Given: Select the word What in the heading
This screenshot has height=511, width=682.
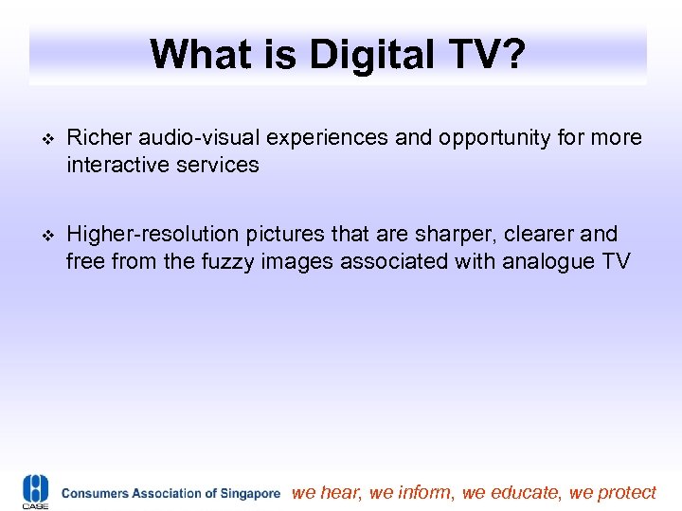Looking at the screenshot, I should pos(193,54).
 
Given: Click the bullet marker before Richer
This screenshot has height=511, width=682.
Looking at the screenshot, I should pos(41,138).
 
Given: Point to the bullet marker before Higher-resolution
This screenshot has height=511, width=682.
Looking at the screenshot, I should pos(41,234).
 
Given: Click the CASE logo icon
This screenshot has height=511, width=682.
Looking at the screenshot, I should pos(35,491).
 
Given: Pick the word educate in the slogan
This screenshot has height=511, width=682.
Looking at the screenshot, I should pos(527,492).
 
